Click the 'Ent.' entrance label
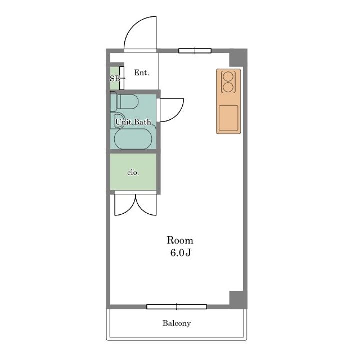pos(141,73)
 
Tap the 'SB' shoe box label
pos(115,79)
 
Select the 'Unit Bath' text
pos(133,122)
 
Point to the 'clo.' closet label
pos(133,172)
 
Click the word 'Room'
pos(180,240)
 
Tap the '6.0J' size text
pos(181,253)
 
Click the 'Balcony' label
pos(177,323)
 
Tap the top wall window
pos(195,51)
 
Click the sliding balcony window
pos(177,307)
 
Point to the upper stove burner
pos(228,76)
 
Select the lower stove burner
pos(228,87)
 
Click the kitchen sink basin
pos(228,118)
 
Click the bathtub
pos(133,139)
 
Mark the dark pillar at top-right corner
pos(238,58)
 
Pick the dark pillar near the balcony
pos(238,299)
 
